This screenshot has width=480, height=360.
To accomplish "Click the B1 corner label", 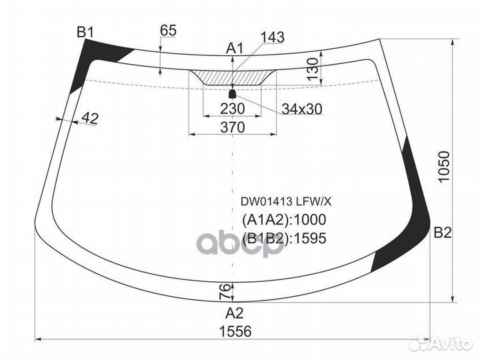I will click(85, 31).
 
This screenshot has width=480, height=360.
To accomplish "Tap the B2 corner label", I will click(443, 233).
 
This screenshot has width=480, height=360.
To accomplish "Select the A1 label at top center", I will click(234, 48).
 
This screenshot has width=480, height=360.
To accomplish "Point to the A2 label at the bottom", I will click(233, 313).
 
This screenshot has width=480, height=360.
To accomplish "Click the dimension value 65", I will click(168, 30).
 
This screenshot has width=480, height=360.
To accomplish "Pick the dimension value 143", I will click(272, 37).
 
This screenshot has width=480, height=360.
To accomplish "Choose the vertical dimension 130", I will click(312, 69).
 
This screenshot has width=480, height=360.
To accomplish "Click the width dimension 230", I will click(232, 108).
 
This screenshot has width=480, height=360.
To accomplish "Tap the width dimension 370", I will click(232, 127).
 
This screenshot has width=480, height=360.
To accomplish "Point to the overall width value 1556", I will click(233, 331).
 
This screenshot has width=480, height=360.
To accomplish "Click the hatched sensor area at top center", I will click(232, 77).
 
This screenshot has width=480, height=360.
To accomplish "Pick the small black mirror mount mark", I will click(233, 93).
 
